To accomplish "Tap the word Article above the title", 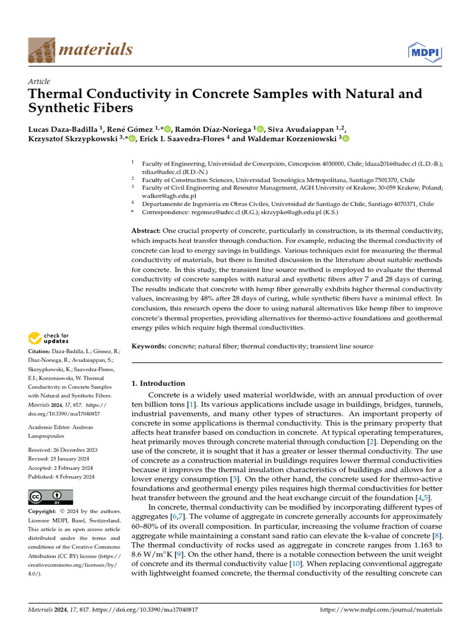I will click(x=39, y=82).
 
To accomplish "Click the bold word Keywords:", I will click(x=149, y=347).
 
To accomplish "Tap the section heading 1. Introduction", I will click(x=158, y=383).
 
